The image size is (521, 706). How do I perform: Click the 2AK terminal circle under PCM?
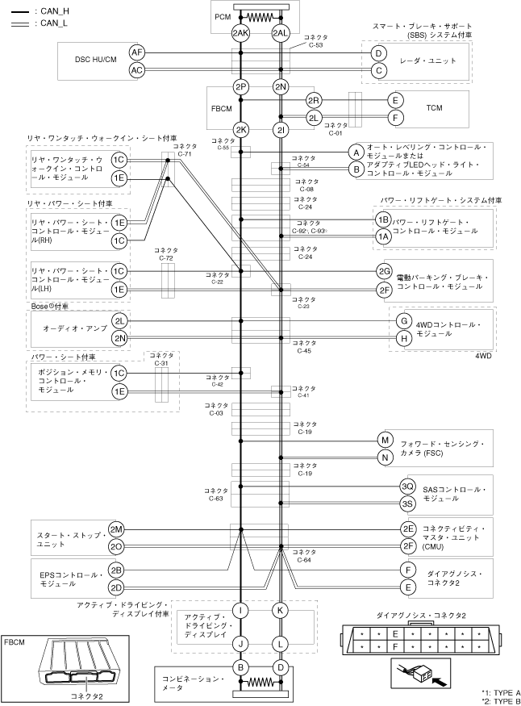[240, 33]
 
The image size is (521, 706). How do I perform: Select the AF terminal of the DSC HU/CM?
[137, 52]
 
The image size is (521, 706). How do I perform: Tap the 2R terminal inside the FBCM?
[314, 100]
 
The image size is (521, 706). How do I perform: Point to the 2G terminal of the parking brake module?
[384, 271]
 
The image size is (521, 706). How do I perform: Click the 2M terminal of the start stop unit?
[116, 528]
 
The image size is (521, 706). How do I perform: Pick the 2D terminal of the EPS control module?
[116, 587]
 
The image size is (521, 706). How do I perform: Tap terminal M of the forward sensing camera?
[384, 441]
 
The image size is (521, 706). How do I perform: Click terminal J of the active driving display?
[240, 644]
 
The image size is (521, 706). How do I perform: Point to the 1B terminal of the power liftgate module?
[383, 219]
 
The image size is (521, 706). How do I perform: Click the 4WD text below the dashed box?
[483, 354]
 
